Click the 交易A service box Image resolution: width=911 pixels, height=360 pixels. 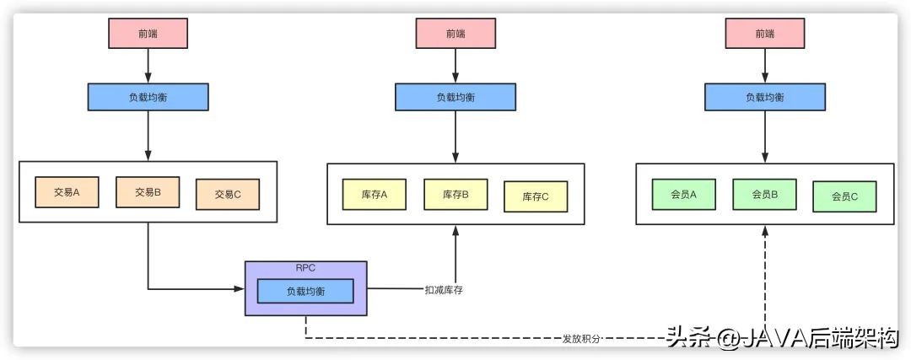(x=67, y=192)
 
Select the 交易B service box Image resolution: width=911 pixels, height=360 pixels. (x=148, y=192)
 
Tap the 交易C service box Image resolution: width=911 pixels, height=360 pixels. (x=228, y=194)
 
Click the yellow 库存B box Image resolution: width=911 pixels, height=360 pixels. (x=455, y=195)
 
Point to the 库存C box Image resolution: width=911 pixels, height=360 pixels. (x=536, y=196)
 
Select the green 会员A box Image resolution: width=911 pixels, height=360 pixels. (x=683, y=195)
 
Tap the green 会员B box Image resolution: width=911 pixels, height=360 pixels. (x=764, y=194)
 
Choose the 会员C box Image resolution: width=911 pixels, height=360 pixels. (x=844, y=196)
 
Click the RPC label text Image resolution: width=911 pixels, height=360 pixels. (x=305, y=267)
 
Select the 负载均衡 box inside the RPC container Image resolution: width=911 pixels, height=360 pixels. (x=305, y=291)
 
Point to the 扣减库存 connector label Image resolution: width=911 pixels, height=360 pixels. (x=444, y=290)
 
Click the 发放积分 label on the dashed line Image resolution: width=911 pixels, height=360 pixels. (x=582, y=339)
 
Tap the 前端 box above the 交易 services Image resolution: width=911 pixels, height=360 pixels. (x=148, y=33)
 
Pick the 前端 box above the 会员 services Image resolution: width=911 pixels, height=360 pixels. (x=764, y=33)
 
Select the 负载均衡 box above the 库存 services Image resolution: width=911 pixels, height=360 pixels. (x=455, y=97)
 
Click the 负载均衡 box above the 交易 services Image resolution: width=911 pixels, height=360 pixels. (x=148, y=97)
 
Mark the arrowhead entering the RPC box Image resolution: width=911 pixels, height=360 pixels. (x=240, y=290)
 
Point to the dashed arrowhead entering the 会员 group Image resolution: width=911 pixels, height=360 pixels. (x=764, y=230)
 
